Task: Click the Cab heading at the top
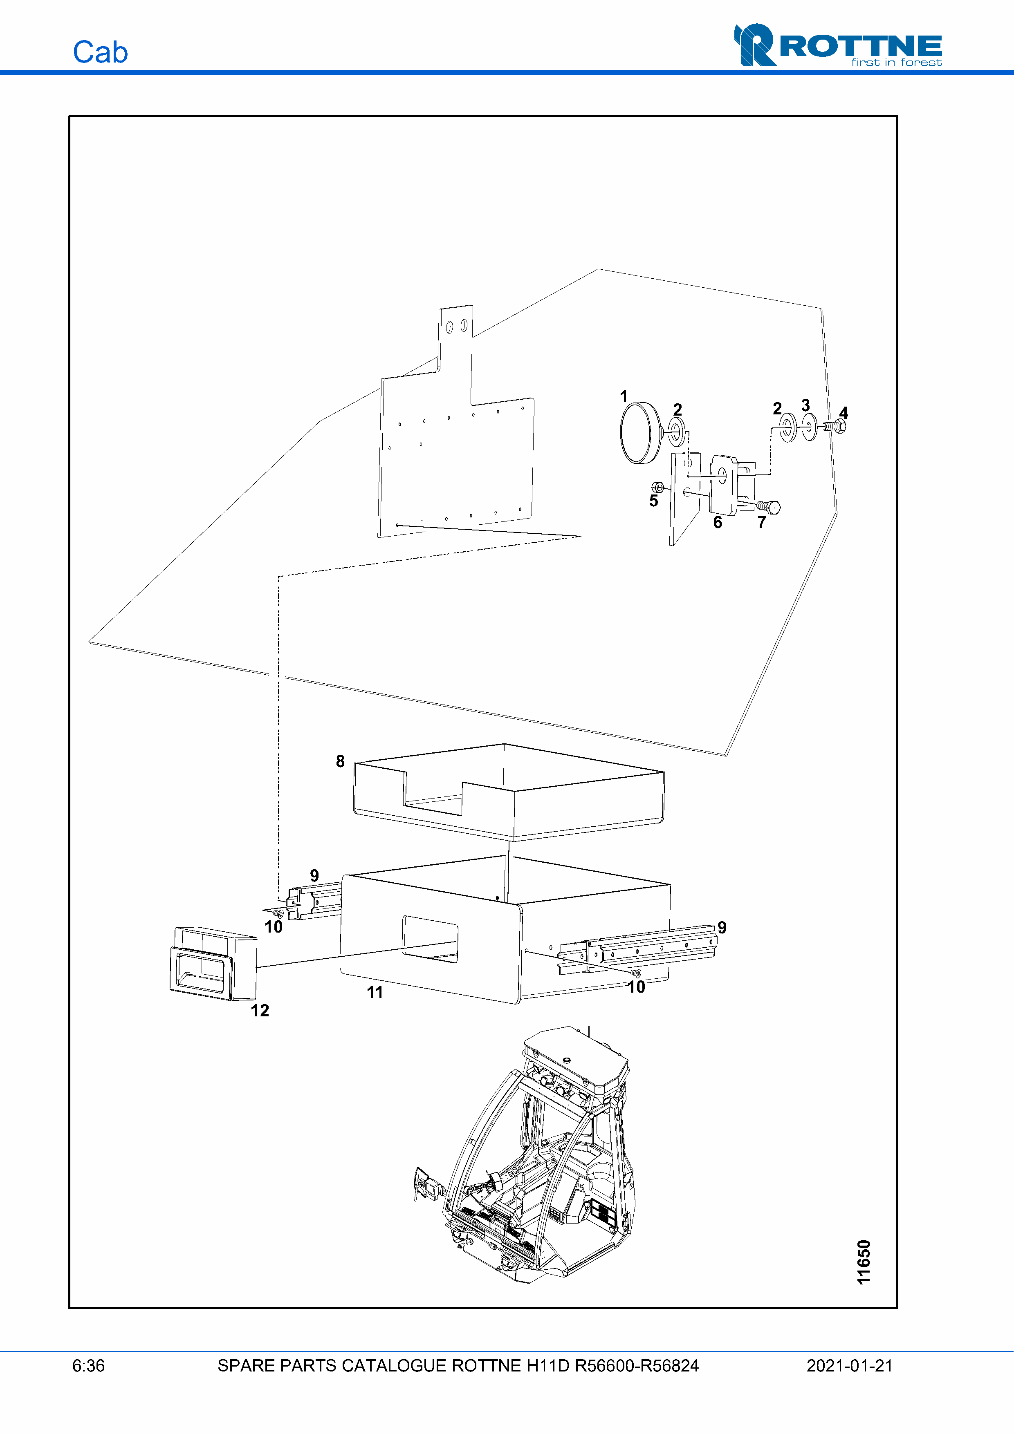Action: [x=101, y=52]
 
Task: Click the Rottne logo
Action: [x=838, y=45]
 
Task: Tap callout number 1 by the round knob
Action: [x=624, y=396]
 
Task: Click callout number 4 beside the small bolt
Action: [x=844, y=412]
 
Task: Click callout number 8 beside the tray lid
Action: [x=340, y=761]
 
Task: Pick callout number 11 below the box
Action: [x=375, y=992]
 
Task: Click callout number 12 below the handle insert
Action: [x=260, y=1011]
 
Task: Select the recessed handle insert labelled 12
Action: [x=213, y=964]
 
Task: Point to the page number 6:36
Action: [x=89, y=1366]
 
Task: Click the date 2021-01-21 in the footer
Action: [x=850, y=1366]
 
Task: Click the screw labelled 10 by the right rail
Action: [x=637, y=973]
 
